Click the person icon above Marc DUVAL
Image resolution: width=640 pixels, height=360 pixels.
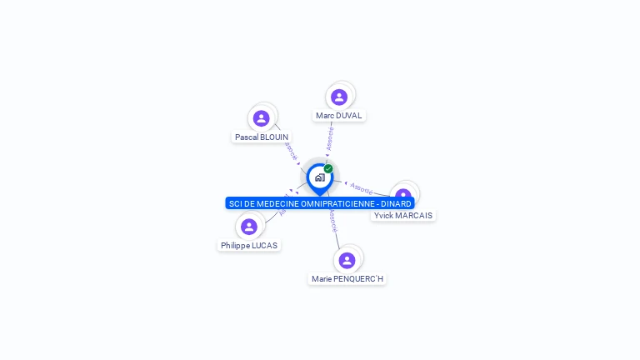coord(339,97)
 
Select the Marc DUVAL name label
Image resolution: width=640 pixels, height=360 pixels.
coord(338,116)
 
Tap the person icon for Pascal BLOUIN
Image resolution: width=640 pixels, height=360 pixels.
coord(262,118)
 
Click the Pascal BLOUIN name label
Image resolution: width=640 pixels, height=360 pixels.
coord(262,137)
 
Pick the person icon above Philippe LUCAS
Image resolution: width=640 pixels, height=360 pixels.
coord(248,226)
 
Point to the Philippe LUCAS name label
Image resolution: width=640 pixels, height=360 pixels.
coord(249,245)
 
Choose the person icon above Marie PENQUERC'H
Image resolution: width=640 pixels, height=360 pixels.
coord(347,260)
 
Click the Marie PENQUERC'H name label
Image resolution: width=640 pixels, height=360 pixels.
coord(347,278)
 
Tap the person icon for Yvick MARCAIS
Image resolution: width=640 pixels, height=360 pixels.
coord(403,195)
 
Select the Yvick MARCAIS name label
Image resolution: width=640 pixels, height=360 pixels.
coord(403,215)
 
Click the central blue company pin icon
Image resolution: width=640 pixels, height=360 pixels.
coord(319,177)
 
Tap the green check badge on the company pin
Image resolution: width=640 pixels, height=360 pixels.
coord(328,168)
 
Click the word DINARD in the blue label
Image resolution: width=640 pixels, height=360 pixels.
coord(396,203)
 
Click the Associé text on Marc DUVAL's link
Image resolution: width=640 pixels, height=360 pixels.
coord(330,138)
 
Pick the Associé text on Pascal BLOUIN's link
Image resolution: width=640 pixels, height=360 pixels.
coord(290,151)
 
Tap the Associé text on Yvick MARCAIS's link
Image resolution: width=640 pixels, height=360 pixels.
coord(362,187)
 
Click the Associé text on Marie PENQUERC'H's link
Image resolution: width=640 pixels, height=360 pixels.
coord(332,219)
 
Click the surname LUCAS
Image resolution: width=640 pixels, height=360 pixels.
coord(262,245)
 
